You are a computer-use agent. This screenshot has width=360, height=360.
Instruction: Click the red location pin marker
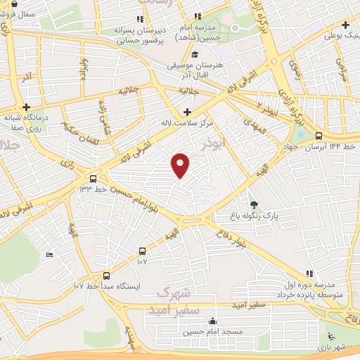pyautogui.click(x=181, y=165)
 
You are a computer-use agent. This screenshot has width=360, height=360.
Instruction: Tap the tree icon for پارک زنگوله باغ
pyautogui.click(x=254, y=204)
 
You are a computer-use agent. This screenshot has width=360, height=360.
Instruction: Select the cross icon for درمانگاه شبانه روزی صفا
pyautogui.click(x=26, y=108)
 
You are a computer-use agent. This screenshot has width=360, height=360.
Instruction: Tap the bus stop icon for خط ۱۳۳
pyautogui.click(x=93, y=179)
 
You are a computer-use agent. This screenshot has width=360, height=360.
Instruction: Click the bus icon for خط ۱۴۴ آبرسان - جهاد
pyautogui.click(x=319, y=136)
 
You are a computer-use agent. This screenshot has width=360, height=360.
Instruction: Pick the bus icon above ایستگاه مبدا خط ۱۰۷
pyautogui.click(x=106, y=276)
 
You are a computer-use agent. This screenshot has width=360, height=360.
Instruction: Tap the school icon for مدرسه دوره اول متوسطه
pyautogui.click(x=309, y=273)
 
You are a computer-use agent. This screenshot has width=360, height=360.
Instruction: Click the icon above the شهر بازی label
pyautogui.click(x=330, y=337)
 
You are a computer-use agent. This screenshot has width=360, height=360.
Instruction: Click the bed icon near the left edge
pyautogui.click(x=49, y=255)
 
